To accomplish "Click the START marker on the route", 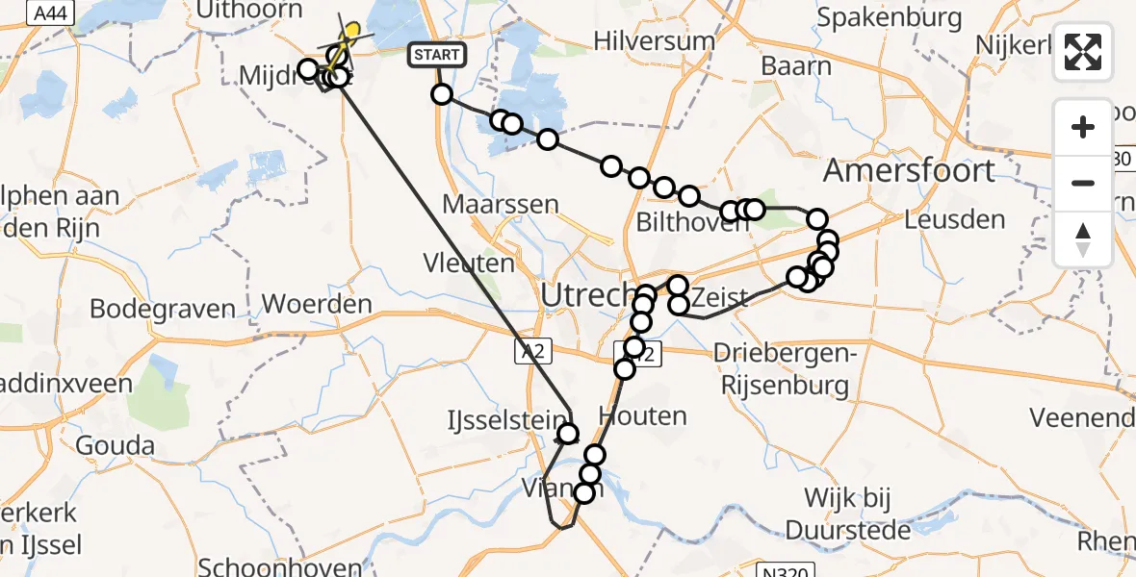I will click(x=438, y=55).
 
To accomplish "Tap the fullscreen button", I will click(x=1083, y=52).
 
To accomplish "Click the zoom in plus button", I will click(x=1083, y=127).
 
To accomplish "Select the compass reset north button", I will click(x=1083, y=239).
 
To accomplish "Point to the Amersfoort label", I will click(x=908, y=171).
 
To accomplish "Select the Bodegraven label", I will click(x=163, y=309).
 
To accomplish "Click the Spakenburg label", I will click(x=890, y=17).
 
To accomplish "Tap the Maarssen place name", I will click(x=501, y=204).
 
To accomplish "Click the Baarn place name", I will click(x=796, y=66).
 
